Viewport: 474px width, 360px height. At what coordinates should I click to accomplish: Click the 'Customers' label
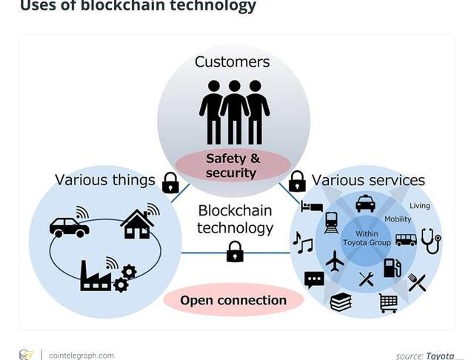(232, 61)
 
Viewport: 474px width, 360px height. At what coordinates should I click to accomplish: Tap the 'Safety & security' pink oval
(233, 165)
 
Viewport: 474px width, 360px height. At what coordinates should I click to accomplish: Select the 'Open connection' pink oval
(233, 300)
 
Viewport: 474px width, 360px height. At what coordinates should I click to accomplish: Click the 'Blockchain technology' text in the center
(235, 219)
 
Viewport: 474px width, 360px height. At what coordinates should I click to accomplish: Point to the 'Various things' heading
(104, 180)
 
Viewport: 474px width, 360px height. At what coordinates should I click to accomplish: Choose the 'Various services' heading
(368, 180)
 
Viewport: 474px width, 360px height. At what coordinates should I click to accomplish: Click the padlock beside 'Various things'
(170, 182)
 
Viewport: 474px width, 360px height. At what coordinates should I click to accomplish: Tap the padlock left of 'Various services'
(297, 181)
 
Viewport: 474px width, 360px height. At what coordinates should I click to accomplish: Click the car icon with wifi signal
(70, 224)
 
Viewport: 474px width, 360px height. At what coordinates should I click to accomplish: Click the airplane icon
(335, 261)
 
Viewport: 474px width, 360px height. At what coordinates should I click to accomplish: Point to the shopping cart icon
(387, 301)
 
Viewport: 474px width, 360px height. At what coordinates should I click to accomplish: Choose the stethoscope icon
(430, 240)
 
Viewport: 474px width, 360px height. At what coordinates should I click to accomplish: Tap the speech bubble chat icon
(314, 279)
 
